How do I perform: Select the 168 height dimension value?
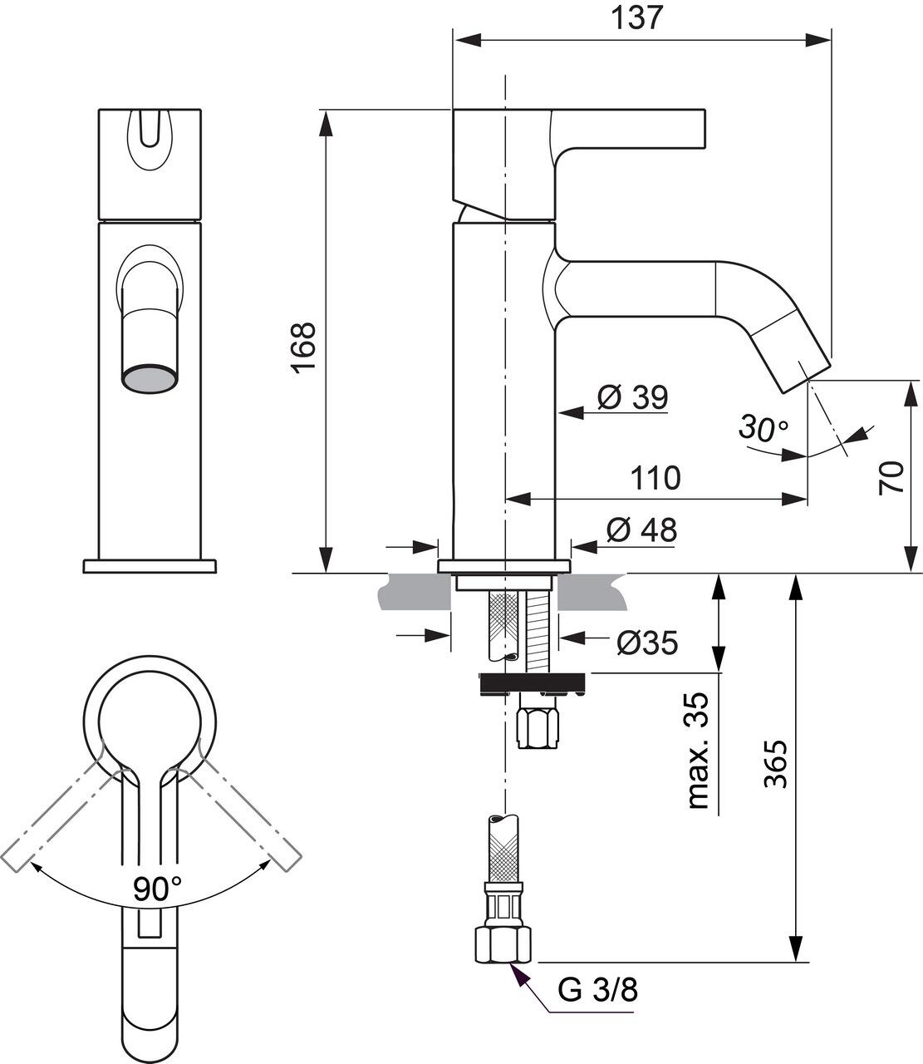tap(303, 347)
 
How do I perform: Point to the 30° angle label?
tap(763, 427)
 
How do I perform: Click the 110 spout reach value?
tap(655, 477)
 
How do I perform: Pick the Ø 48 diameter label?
tap(642, 530)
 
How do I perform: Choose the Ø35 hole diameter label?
tap(647, 643)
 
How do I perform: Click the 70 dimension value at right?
tap(891, 478)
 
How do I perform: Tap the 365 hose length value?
tap(776, 764)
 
